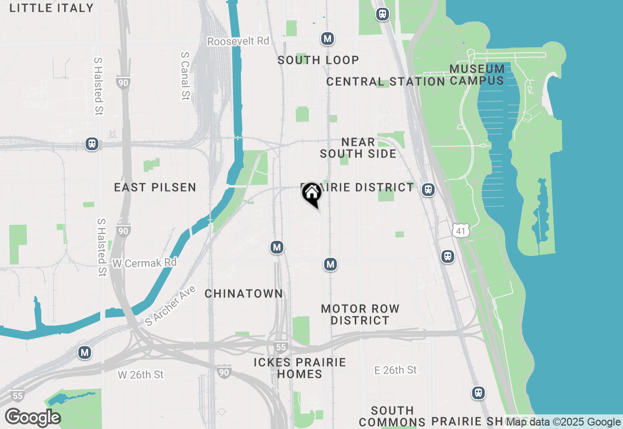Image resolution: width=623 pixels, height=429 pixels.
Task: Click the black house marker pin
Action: pos(311,194)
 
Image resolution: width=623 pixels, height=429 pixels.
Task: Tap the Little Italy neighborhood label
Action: pos(51,8)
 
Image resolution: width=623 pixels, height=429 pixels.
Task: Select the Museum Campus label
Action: pos(477,75)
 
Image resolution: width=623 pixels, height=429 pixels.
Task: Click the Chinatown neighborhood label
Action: pos(243,293)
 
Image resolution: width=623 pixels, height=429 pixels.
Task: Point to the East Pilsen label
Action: pos(155,187)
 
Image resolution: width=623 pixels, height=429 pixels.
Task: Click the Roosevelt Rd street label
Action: pos(238,41)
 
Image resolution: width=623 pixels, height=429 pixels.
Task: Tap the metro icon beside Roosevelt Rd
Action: pos(328,39)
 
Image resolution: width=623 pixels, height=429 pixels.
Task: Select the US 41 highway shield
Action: pos(460,231)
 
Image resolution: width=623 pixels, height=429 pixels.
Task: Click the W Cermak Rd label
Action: pos(144,263)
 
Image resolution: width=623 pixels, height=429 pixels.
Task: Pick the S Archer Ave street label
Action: pos(170,306)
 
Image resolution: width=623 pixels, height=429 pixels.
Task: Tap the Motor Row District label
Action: pos(360,314)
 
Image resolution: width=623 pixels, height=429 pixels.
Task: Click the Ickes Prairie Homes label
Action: pos(300,368)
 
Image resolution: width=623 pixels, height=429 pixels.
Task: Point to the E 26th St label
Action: pos(396,370)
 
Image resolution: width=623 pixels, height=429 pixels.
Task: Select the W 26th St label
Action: pos(141,375)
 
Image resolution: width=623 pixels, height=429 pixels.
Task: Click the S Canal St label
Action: pos(184,76)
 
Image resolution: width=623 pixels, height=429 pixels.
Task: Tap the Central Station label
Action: pos(385,81)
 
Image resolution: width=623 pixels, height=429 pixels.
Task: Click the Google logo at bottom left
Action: pos(33,417)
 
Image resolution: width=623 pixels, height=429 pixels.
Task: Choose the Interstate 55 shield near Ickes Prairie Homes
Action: pos(280,347)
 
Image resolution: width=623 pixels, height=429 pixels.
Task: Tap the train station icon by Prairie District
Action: pos(428,190)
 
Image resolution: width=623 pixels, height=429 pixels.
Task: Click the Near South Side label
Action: pos(358,148)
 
